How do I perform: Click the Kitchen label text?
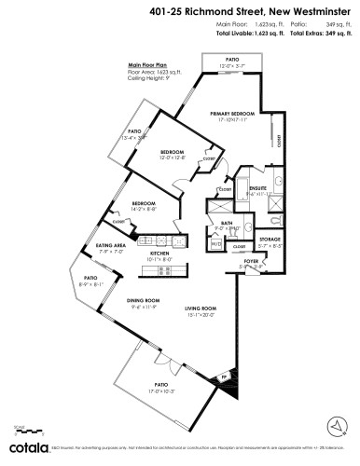point(159,254)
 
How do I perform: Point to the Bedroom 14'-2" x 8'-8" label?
point(143,204)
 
